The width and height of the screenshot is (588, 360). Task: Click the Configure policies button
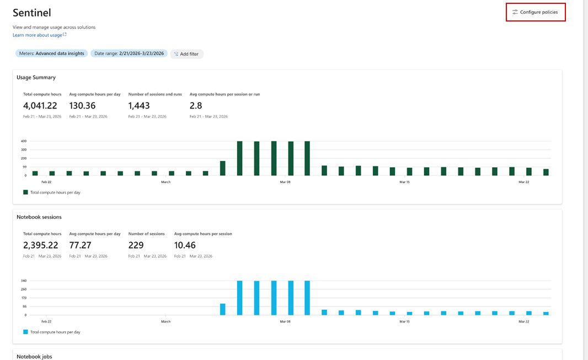[x=536, y=12]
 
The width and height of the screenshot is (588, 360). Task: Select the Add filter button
[x=186, y=54]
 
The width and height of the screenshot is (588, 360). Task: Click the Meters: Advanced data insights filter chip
[x=51, y=53]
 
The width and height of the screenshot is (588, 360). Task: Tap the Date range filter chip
[x=129, y=53]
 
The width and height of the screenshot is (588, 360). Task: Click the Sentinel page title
[x=32, y=13]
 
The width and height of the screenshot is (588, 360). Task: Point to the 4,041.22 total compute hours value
[x=40, y=106]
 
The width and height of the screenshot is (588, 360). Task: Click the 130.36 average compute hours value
[x=82, y=106]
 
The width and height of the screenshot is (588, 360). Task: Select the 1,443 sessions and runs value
[x=139, y=106]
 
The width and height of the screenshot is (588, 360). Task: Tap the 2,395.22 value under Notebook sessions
[x=40, y=245]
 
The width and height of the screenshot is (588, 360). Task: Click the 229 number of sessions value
[x=136, y=245]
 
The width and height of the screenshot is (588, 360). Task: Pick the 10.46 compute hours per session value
[x=185, y=245]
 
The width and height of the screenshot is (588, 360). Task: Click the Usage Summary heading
[x=36, y=77]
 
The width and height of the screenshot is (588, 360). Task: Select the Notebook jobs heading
[x=34, y=356]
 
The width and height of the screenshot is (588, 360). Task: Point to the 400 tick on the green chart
[x=24, y=141]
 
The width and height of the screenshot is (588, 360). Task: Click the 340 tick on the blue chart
[x=24, y=281]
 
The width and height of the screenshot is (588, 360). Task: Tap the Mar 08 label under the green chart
[x=285, y=182]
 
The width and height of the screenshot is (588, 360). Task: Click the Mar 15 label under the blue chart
[x=404, y=321]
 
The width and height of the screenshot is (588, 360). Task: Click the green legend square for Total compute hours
[x=25, y=192]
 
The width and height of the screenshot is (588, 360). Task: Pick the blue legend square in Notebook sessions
[x=25, y=332]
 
